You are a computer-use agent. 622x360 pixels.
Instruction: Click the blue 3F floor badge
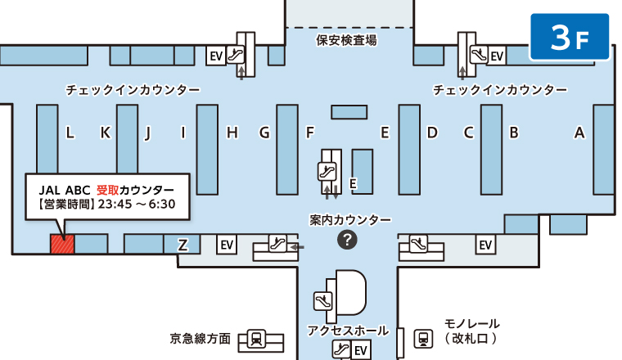click(570, 37)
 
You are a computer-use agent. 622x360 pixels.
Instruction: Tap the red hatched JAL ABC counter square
click(62, 244)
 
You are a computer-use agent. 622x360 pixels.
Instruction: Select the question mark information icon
click(347, 240)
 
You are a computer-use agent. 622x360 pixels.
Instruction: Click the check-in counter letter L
click(70, 133)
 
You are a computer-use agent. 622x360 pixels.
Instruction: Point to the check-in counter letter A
click(579, 133)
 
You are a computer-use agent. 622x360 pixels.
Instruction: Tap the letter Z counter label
click(183, 245)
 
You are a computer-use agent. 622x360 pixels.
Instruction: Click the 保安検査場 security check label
click(346, 40)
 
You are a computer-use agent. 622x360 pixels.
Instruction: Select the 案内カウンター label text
click(350, 219)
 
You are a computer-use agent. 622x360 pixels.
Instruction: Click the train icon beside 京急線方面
click(256, 339)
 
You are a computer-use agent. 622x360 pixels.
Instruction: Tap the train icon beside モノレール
click(423, 339)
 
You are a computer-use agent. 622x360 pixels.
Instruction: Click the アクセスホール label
click(348, 331)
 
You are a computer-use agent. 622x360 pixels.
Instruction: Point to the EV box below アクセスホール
click(361, 350)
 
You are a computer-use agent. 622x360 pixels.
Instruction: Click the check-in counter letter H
click(232, 133)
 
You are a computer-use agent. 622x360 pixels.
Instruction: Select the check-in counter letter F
click(310, 133)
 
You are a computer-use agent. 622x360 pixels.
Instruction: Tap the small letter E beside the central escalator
click(353, 183)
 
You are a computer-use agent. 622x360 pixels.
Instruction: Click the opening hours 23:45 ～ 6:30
click(137, 205)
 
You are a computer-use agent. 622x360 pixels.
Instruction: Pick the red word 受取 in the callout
click(107, 191)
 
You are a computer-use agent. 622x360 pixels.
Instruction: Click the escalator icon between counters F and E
click(327, 172)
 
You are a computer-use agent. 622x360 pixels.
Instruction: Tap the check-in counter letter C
click(468, 133)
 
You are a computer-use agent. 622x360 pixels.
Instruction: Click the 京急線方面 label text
click(201, 339)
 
